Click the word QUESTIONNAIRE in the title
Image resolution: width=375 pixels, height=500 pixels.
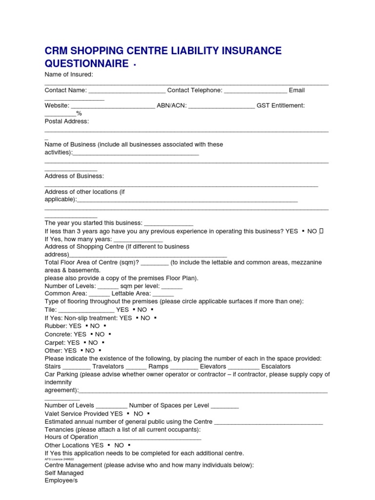[x=87, y=64]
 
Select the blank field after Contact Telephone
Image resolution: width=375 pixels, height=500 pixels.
[x=255, y=91]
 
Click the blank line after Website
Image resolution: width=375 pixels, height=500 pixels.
[x=113, y=106]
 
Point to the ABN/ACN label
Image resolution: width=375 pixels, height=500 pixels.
[x=171, y=105]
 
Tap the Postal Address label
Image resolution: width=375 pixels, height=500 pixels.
[x=67, y=121]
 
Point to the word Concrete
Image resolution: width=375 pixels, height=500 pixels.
[x=58, y=334]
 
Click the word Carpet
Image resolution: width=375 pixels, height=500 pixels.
[x=55, y=343]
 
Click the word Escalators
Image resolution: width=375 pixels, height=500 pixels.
[x=276, y=366]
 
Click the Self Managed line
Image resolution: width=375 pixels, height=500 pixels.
[x=64, y=473]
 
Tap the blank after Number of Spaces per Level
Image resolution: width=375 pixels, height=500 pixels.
[x=225, y=406]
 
